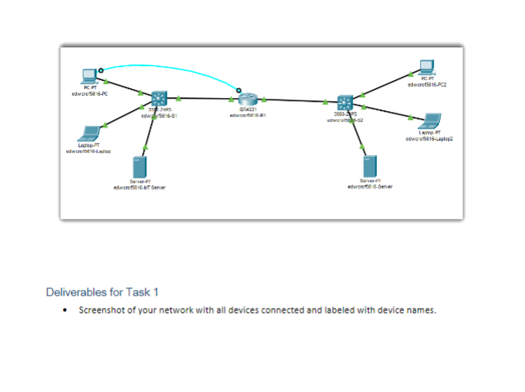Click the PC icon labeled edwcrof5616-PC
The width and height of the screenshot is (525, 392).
pyautogui.click(x=88, y=77)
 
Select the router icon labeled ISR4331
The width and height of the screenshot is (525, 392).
pyautogui.click(x=248, y=99)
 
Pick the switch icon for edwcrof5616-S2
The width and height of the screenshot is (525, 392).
pyautogui.click(x=345, y=102)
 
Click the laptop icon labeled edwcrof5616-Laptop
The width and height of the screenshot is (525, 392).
pyautogui.click(x=87, y=133)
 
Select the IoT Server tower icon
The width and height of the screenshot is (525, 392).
pyautogui.click(x=139, y=167)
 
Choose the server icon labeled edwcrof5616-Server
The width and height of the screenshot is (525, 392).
pyautogui.click(x=370, y=166)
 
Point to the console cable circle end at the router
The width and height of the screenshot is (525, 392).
pyautogui.click(x=239, y=90)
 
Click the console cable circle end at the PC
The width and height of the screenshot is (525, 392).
pyautogui.click(x=101, y=71)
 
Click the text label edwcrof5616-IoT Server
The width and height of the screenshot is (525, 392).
pyautogui.click(x=140, y=188)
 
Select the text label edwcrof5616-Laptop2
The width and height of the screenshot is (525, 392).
pyautogui.click(x=429, y=139)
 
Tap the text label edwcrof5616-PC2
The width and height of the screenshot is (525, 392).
pyautogui.click(x=427, y=84)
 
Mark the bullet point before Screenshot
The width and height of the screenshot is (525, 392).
pyautogui.click(x=65, y=310)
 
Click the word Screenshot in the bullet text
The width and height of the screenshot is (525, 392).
pyautogui.click(x=103, y=310)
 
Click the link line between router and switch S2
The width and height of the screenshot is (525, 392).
pyautogui.click(x=294, y=100)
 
